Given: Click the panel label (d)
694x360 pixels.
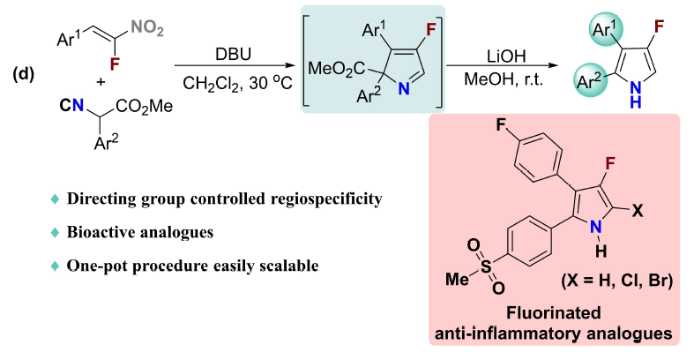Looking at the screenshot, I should click(x=22, y=73).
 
